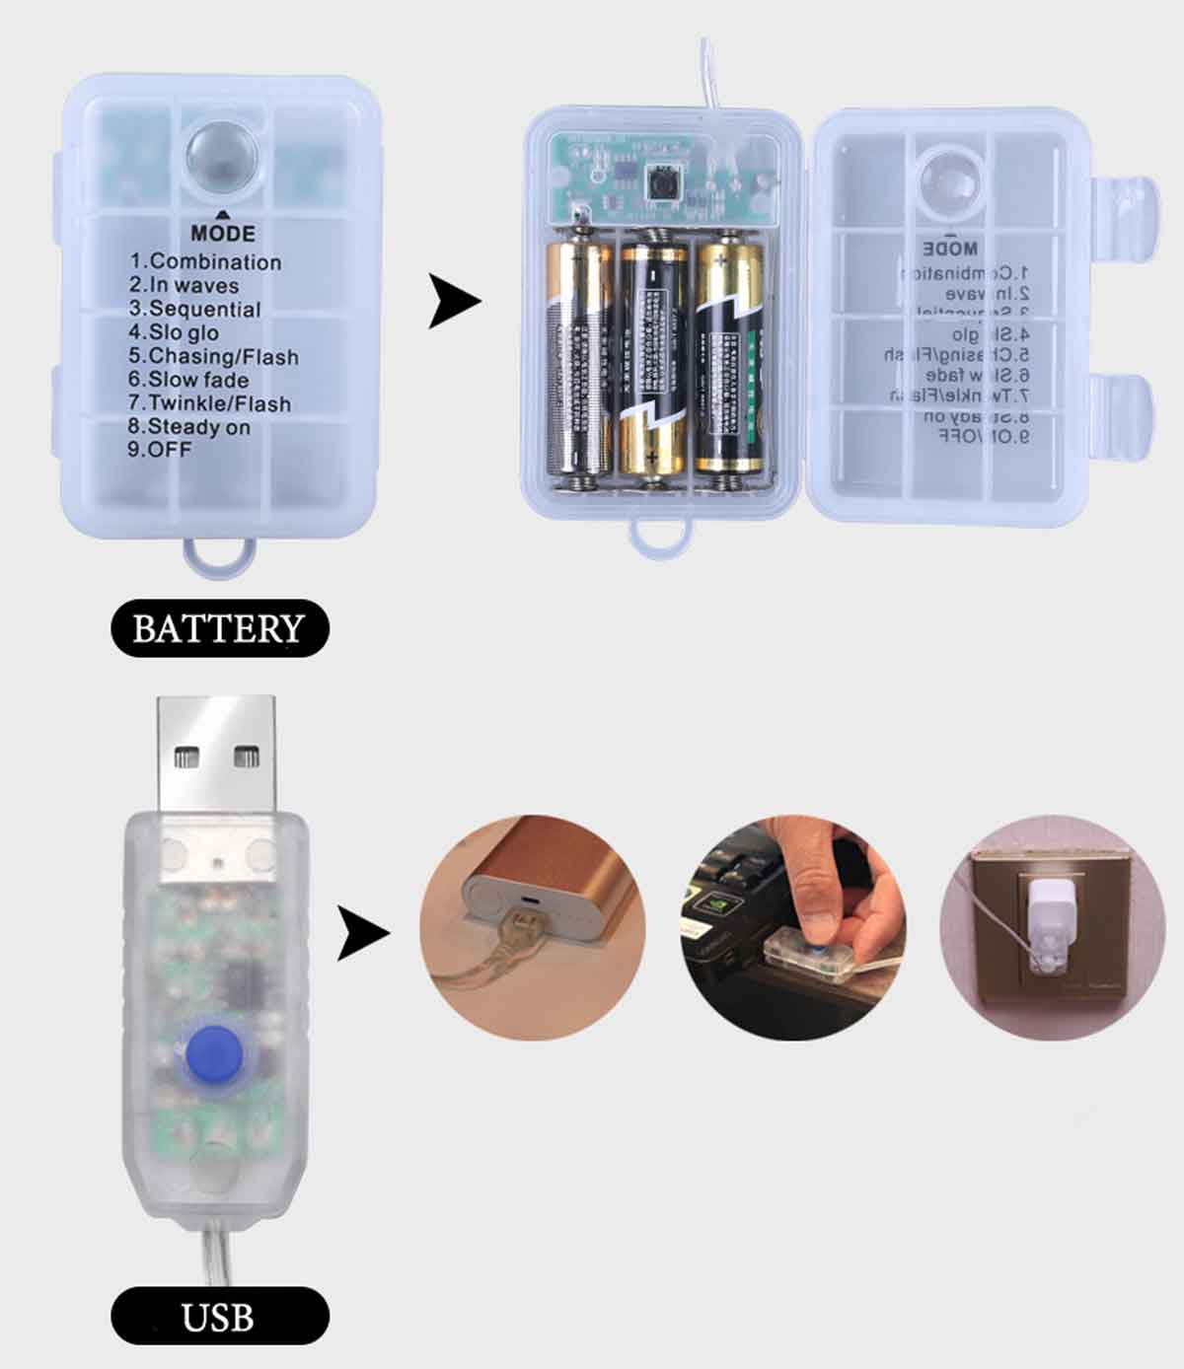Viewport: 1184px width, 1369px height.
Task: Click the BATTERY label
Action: [218, 628]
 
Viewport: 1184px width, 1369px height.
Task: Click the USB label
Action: [218, 1317]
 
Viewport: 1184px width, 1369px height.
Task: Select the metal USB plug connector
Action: [217, 755]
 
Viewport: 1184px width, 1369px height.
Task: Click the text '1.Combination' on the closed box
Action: [205, 262]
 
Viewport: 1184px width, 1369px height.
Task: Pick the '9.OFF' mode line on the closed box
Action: [160, 450]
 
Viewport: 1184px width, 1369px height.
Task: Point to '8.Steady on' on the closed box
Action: [188, 427]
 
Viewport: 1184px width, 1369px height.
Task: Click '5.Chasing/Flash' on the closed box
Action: [213, 356]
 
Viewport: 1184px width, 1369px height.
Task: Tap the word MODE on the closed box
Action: [223, 234]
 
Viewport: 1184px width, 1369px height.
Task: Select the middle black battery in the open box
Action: [653, 360]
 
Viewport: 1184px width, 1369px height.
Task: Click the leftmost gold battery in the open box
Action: [580, 360]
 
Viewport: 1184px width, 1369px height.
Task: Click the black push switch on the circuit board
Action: [662, 180]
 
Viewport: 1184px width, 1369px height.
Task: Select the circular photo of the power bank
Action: [533, 927]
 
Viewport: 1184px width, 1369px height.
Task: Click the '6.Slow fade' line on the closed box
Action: [188, 380]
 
